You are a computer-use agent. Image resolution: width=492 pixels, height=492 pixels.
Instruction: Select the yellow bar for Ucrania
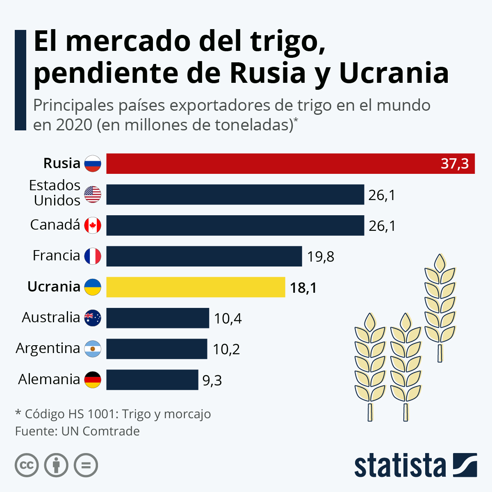(x=196, y=287)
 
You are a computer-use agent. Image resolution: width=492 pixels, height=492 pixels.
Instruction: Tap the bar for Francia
(x=204, y=256)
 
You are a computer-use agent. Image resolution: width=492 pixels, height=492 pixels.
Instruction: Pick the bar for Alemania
(x=152, y=380)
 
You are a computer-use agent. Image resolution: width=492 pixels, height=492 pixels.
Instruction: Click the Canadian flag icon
(x=93, y=225)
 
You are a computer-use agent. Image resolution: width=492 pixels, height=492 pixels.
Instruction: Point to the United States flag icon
(x=93, y=194)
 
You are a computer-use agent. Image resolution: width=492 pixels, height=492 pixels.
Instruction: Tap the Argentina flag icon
(x=93, y=349)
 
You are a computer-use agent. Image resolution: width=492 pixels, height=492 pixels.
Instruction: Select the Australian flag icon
(x=93, y=318)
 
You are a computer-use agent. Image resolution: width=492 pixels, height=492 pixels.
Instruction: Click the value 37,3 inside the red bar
(x=455, y=164)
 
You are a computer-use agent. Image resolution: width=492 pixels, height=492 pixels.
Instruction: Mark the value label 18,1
(x=303, y=288)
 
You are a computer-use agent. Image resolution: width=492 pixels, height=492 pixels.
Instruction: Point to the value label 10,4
(x=228, y=319)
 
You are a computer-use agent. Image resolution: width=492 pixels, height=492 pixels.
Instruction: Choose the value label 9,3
(x=212, y=380)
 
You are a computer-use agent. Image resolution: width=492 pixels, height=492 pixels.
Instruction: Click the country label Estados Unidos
(x=55, y=193)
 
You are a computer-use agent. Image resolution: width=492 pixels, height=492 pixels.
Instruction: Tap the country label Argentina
(x=48, y=348)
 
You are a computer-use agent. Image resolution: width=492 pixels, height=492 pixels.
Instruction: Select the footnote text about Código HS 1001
(x=113, y=414)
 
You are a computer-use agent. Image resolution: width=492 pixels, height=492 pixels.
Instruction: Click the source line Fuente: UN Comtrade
(x=77, y=431)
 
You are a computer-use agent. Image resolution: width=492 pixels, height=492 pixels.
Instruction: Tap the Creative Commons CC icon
(x=27, y=465)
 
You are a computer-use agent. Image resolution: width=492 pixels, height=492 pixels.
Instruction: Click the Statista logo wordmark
(x=400, y=466)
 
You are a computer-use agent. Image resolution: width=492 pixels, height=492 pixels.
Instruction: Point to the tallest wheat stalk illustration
(x=440, y=307)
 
